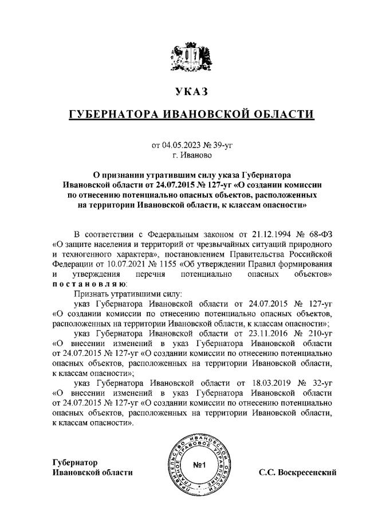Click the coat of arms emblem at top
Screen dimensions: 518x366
click(x=187, y=57)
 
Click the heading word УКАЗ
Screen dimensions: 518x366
click(x=187, y=91)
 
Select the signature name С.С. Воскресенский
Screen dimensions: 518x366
click(x=297, y=473)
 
